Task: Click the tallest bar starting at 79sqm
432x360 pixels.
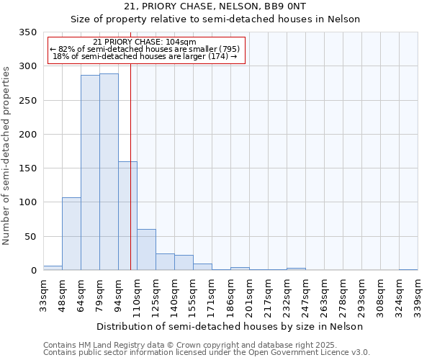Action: pos(109,172)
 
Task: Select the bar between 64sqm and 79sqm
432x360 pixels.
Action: pos(90,173)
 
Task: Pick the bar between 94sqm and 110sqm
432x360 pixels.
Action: pos(127,216)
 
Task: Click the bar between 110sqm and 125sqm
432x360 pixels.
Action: pos(146,250)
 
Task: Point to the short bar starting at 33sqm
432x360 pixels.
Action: pos(53,268)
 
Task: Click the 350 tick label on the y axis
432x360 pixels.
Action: pos(27,32)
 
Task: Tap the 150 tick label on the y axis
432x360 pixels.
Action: pos(27,168)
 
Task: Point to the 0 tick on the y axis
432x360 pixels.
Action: pos(33,271)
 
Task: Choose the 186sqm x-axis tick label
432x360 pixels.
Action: pos(230,296)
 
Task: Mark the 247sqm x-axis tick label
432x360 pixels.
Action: pos(305,296)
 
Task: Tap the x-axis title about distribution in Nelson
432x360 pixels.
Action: pos(230,326)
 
